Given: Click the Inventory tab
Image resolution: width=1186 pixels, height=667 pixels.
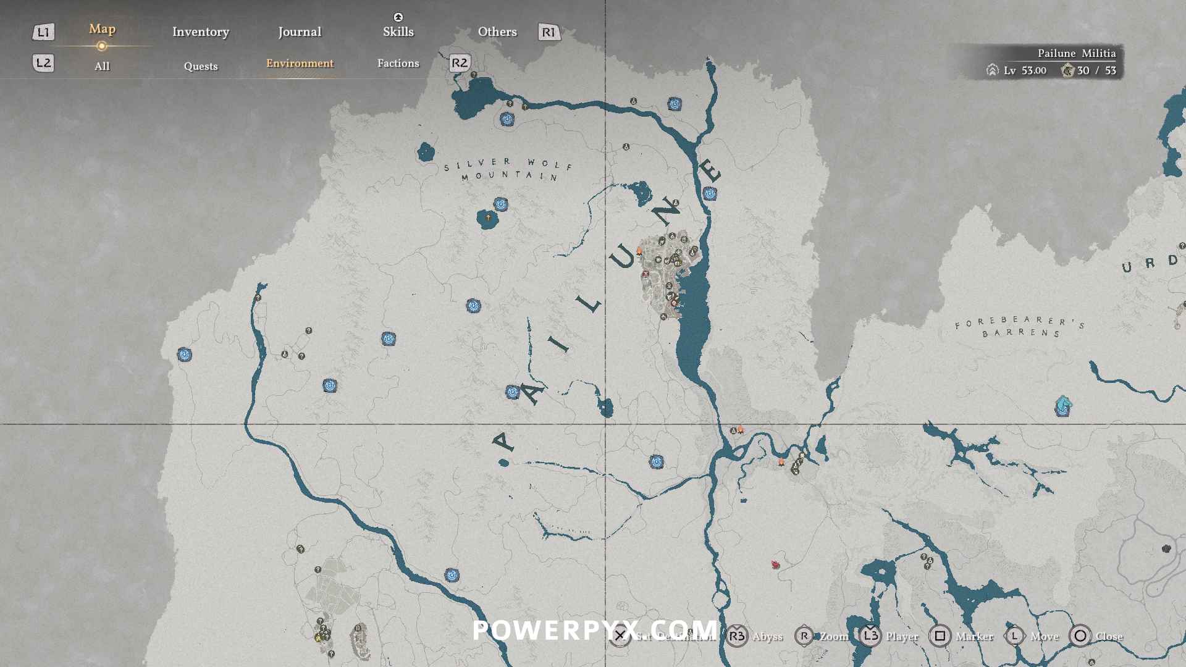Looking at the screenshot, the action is (x=200, y=31).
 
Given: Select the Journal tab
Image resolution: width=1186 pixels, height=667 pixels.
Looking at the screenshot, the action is (x=300, y=31).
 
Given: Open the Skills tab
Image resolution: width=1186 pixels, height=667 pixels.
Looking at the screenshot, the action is (x=398, y=31).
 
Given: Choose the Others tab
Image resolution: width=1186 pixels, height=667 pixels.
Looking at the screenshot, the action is (x=497, y=31).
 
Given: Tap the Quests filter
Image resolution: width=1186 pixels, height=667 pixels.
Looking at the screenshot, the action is (x=200, y=66).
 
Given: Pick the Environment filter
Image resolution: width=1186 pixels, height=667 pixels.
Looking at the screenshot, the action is (x=300, y=63).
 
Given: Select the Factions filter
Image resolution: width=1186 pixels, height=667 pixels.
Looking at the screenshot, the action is (x=398, y=63).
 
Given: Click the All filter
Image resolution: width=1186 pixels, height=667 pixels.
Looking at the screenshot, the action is (x=102, y=66).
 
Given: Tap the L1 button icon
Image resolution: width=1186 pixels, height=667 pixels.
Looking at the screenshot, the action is (x=43, y=32).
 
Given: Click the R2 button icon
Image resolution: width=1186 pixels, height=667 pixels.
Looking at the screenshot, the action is (x=460, y=63).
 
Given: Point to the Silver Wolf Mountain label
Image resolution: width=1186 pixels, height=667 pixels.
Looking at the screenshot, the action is (x=508, y=169).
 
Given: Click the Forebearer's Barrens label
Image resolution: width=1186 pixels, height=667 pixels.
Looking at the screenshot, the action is (x=1020, y=326).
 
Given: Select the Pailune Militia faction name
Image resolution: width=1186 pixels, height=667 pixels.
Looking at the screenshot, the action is (x=1076, y=53).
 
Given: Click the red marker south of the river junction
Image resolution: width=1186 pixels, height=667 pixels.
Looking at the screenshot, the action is (x=775, y=564).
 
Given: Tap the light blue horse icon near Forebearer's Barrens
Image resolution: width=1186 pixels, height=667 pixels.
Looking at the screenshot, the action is (x=1062, y=406).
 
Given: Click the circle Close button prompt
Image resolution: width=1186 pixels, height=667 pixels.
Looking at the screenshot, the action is (x=1080, y=636).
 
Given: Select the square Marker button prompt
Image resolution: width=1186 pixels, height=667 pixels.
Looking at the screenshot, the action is (x=940, y=636).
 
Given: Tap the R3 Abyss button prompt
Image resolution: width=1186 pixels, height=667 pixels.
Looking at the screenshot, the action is (x=736, y=636).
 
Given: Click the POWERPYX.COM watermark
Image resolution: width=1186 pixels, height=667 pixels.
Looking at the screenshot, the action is (x=594, y=630).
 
